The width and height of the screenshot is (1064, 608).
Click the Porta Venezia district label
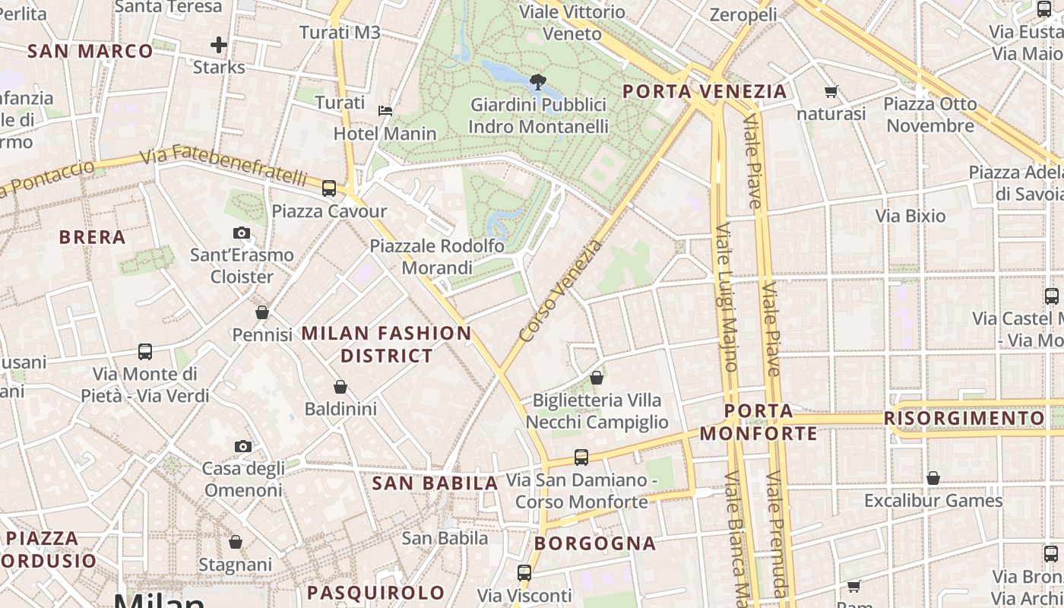705,92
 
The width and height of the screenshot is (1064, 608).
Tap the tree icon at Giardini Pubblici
538,81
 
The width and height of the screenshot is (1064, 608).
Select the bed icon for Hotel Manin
385,111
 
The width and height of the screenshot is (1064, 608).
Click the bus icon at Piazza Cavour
329,188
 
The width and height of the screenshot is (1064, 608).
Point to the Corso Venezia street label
561,291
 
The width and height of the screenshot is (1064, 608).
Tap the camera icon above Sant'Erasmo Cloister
242,233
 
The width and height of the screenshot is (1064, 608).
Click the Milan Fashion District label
387,344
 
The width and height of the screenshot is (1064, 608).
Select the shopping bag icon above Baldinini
340,387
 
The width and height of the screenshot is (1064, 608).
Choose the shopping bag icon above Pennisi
262,312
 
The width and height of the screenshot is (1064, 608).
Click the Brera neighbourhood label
93,237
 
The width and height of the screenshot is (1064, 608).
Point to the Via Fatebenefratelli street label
224,166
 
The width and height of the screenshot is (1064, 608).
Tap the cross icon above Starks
219,45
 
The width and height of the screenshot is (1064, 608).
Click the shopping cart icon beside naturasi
831,92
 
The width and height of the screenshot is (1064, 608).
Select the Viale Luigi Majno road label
726,296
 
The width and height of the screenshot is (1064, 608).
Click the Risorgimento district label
964,419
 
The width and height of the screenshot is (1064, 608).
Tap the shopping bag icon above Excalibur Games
933,478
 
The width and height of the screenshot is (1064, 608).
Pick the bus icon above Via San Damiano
581,458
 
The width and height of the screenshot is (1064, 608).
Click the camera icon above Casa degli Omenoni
243,446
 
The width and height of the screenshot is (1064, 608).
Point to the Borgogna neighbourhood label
595,543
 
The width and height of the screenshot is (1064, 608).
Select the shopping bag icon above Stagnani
236,542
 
